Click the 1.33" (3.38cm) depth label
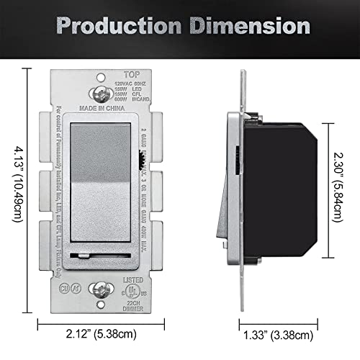pyautogui.click(x=278, y=334)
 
